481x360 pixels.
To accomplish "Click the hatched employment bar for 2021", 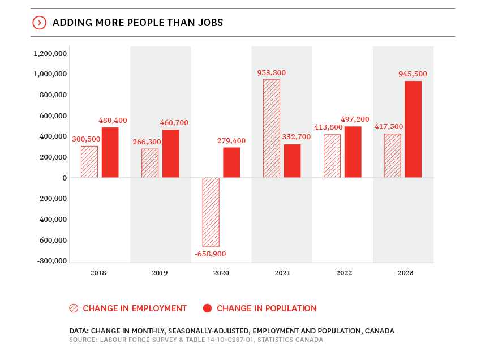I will (272, 128).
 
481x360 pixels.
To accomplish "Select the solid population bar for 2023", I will (413, 129).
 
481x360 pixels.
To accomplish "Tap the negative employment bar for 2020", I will (211, 212).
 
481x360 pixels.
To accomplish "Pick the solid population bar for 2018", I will (110, 152).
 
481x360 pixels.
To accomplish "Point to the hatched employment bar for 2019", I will (150, 163).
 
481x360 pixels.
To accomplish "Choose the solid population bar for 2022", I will (353, 152).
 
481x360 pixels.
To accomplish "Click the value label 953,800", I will (271, 72).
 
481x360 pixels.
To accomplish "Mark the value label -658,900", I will (211, 254).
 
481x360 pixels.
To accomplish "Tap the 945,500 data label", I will (413, 74).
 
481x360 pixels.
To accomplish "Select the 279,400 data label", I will (231, 140).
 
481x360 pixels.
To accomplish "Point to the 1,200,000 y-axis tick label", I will (50, 53).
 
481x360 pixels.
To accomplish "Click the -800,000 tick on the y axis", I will (52, 261).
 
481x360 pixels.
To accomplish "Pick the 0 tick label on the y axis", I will (65, 178).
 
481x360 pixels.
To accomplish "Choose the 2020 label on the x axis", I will (221, 273).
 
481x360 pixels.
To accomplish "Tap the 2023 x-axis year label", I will (405, 273).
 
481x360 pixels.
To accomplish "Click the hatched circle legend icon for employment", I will (74, 308).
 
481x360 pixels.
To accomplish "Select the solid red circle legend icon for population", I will (207, 308).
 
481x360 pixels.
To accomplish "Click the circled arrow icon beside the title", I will (39, 23).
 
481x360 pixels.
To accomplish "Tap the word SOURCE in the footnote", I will (83, 340).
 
